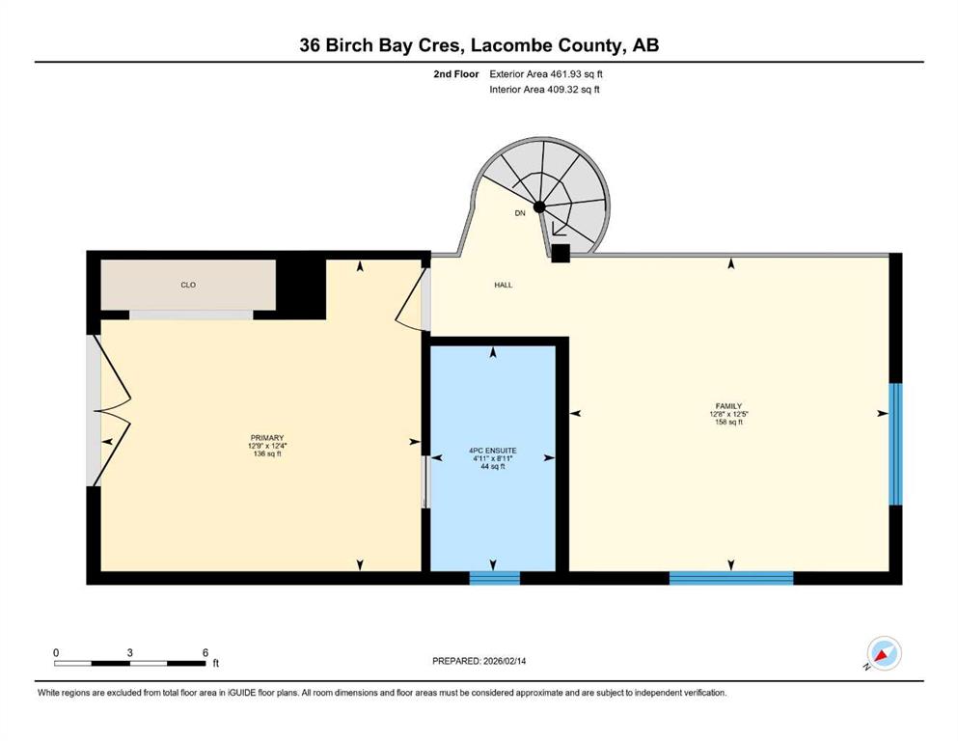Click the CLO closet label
pos(188,285)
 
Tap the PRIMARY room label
pos(267,437)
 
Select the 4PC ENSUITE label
pos(493,451)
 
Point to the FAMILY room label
pos(729,405)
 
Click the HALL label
pos(504,285)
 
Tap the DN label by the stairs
pos(520,213)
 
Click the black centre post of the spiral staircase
pos(539,207)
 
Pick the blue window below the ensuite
pos(494,578)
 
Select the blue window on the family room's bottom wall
pos(731,578)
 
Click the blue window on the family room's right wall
pos(895,444)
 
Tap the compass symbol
pos(884,653)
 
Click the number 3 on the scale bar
pos(129,652)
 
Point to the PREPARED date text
pos(479,661)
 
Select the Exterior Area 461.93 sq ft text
pos(546,74)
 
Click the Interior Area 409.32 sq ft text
pos(544,89)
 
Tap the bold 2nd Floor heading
pos(456,74)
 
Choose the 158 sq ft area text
pos(729,422)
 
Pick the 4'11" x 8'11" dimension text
pos(493,458)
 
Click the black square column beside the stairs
pos(561,254)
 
